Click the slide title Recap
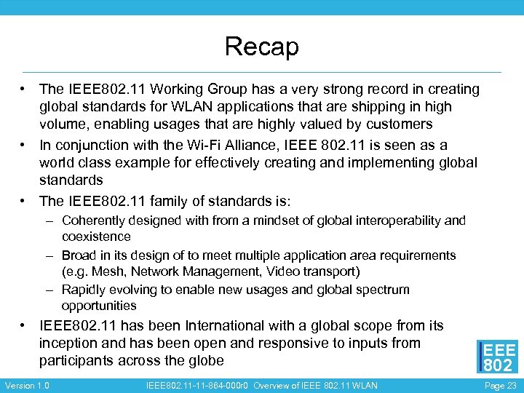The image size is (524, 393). tap(262, 47)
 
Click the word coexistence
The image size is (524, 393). tap(96, 237)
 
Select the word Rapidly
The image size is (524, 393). tap(84, 289)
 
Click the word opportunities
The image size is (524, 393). tap(99, 306)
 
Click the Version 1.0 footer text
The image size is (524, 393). tap(27, 385)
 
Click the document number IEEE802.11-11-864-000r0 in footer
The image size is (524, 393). tap(196, 385)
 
